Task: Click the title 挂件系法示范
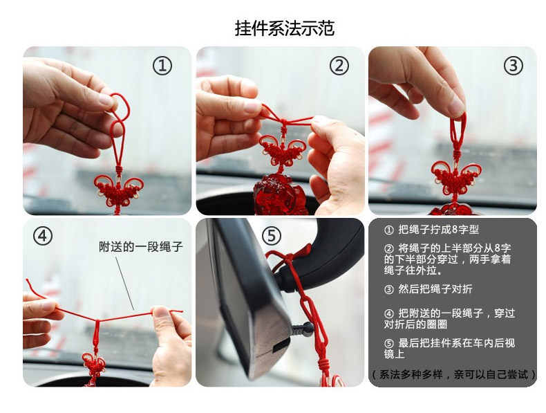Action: point(285,28)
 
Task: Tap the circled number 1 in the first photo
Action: point(162,66)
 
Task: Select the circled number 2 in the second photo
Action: point(339,66)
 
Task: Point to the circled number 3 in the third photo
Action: point(514,66)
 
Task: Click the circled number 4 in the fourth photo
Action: point(43,236)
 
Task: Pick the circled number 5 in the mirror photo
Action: point(271,236)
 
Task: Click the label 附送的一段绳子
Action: point(141,247)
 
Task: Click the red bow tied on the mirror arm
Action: point(291,259)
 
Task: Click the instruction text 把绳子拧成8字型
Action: point(439,230)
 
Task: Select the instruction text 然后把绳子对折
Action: point(435,289)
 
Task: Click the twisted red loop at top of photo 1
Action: point(120,107)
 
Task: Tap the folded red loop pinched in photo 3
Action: point(458,129)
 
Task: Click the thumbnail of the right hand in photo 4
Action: point(160,312)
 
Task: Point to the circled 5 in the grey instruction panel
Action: point(388,344)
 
